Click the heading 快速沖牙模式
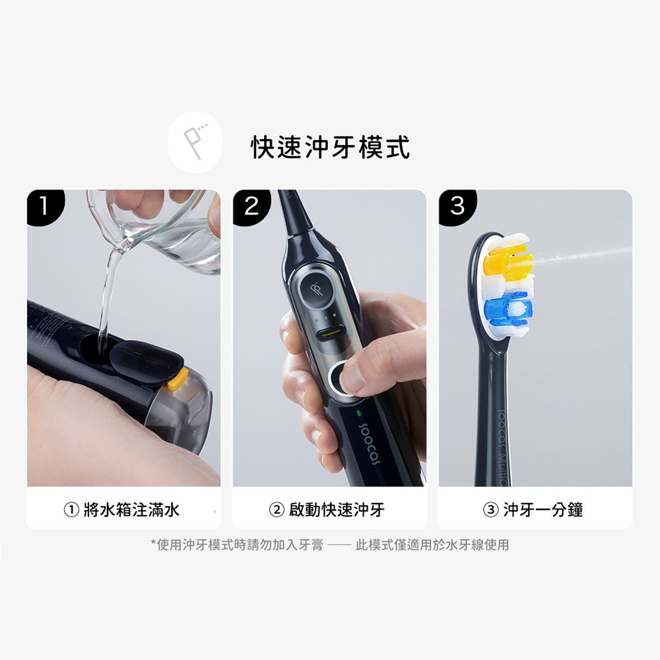coord(330,147)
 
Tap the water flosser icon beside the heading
coord(195,143)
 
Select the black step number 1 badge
coord(46,207)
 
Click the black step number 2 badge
coord(251,207)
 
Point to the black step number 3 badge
coord(457,207)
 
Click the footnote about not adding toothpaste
coord(330,544)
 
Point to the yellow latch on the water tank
coord(178,379)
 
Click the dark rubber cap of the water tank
coord(146,362)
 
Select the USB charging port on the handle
coord(335,335)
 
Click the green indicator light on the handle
coord(358,414)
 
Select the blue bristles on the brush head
coord(508,311)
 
